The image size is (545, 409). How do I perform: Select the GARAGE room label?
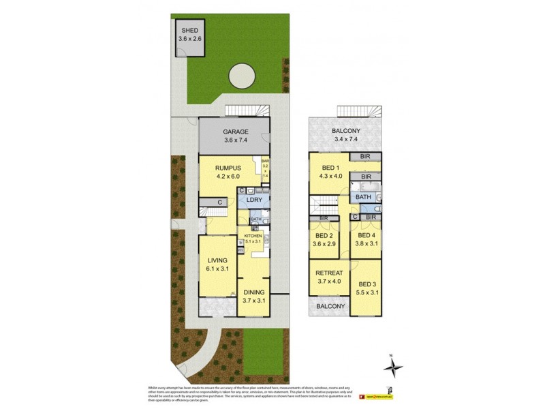[x=236, y=132]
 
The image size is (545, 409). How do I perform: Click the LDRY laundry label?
[x=255, y=202]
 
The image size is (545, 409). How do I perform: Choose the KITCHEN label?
[x=253, y=236]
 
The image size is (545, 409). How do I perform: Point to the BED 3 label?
[x=367, y=284]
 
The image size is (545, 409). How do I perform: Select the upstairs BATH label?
[x=362, y=197]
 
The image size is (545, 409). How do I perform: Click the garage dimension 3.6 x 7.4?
[x=236, y=141]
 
